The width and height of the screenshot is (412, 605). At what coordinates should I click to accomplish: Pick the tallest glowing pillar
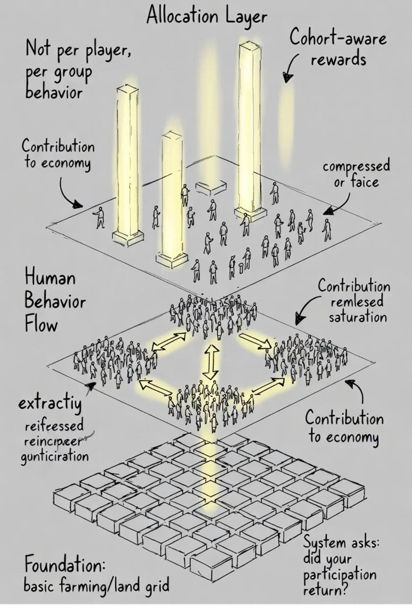pos(250,128)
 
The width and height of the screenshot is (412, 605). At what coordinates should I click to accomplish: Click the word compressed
pos(356,166)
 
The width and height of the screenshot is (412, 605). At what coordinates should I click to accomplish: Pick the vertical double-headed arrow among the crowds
pos(211,361)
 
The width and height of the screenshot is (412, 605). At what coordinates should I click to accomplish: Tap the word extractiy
pos(50,405)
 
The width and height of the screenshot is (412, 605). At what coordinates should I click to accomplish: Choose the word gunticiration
pos(55,457)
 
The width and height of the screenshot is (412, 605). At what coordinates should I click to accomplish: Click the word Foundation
pos(64,565)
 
